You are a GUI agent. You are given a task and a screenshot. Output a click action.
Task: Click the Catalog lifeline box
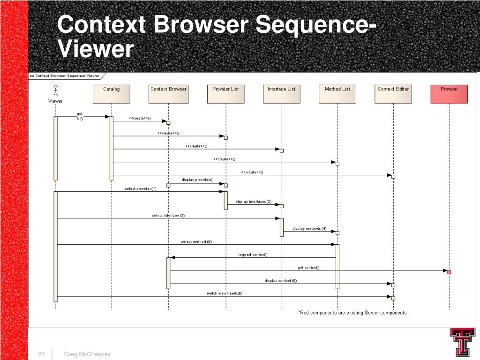click(x=112, y=94)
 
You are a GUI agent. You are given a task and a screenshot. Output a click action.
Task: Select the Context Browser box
click(x=168, y=94)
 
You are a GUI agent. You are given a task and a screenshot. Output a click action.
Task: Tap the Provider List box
click(x=225, y=94)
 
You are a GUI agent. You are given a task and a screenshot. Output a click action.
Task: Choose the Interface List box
click(x=281, y=94)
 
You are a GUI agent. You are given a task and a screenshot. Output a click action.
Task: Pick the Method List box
click(x=337, y=94)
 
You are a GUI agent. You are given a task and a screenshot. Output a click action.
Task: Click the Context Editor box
click(x=393, y=94)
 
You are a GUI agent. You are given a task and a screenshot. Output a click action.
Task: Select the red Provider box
click(x=449, y=94)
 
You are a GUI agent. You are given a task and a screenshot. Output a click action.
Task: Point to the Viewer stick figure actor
click(x=55, y=91)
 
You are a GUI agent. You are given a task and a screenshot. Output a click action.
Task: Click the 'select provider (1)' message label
click(x=141, y=188)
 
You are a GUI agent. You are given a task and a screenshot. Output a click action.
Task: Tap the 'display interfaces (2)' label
click(x=253, y=202)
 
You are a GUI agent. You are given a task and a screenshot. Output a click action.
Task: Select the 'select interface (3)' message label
click(x=168, y=216)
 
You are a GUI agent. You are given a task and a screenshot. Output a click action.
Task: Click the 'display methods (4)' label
click(x=309, y=228)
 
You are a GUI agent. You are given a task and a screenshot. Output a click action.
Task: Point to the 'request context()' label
click(x=253, y=255)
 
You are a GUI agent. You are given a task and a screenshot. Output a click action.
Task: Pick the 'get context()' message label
click(x=308, y=268)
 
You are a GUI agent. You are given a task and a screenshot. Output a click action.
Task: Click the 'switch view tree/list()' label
click(x=225, y=293)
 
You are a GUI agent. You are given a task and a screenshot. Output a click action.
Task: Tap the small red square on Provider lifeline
click(x=449, y=272)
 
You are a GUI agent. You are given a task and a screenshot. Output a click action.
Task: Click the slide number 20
click(x=41, y=354)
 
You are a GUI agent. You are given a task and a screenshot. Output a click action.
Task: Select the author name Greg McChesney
click(x=87, y=354)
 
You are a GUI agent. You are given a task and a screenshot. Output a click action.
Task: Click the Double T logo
click(x=463, y=342)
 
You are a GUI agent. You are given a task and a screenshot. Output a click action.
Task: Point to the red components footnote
click(x=352, y=313)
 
